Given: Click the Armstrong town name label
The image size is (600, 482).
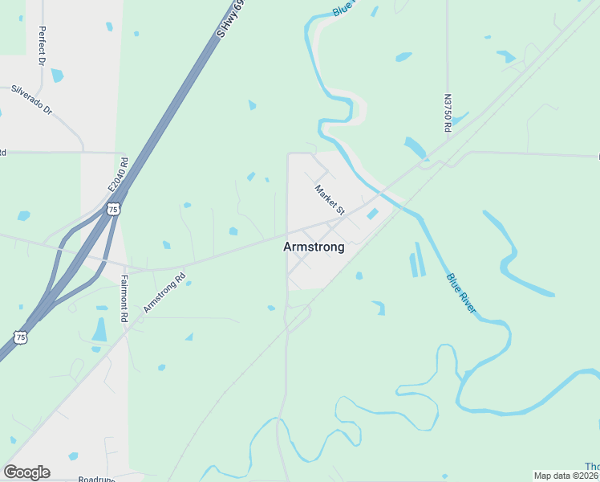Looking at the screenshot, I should [x=314, y=247].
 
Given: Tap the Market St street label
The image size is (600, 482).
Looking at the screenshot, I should [x=329, y=200].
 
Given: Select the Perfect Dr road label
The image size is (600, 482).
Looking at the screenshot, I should [x=40, y=46].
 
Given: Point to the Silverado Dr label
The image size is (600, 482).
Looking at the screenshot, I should [x=30, y=98].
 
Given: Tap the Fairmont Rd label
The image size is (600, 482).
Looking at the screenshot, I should [x=124, y=299].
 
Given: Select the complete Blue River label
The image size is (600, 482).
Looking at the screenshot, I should [x=461, y=292].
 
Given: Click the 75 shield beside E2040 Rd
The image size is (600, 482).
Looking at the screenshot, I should [x=113, y=209].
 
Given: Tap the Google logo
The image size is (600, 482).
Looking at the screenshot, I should [x=26, y=472].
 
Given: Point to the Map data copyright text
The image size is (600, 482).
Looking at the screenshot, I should [x=566, y=476].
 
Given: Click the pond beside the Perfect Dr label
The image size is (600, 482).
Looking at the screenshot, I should [x=57, y=76].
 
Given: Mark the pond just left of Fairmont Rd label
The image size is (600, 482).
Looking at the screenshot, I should [x=99, y=329].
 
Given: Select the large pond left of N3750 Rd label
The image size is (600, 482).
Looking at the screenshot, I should [x=416, y=147].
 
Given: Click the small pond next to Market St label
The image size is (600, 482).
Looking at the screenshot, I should [x=372, y=213].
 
